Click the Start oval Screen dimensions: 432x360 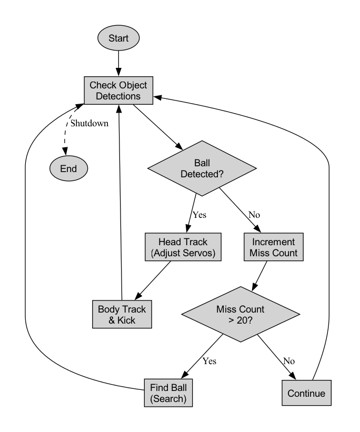119,38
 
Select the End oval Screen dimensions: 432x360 69,168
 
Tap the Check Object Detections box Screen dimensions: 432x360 119,90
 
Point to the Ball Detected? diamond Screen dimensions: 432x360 202,168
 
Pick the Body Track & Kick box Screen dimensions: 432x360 122,314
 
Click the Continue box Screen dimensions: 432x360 306,393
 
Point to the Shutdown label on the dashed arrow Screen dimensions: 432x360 89,124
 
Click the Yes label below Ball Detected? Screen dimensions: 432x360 199,215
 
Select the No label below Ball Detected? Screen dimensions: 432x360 254,215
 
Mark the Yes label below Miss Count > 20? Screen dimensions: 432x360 209,361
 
